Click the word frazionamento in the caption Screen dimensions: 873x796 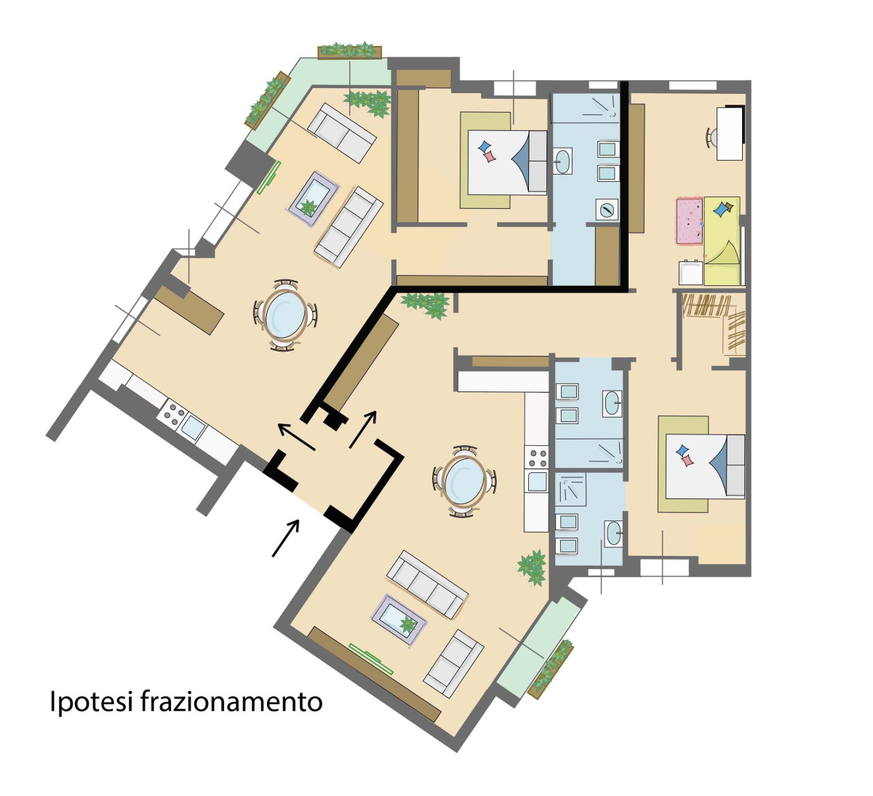(x=231, y=701)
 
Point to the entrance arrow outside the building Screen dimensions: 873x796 (x=285, y=538)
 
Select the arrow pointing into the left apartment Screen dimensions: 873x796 (x=296, y=437)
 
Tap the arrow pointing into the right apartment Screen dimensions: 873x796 (x=362, y=429)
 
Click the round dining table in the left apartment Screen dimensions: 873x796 (x=285, y=315)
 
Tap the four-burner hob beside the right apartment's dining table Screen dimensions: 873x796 (x=537, y=457)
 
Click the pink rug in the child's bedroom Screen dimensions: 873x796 (x=690, y=220)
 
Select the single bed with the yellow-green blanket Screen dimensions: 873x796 (x=722, y=241)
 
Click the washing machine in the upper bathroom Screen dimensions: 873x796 (x=607, y=210)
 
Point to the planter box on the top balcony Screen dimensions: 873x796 (x=349, y=52)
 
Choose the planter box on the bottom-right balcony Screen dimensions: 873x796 (x=551, y=669)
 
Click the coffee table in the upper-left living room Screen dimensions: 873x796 (x=313, y=199)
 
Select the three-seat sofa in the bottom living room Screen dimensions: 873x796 (x=427, y=584)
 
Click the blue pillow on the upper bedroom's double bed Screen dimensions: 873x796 (x=484, y=146)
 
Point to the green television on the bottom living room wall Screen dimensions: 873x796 (x=371, y=658)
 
